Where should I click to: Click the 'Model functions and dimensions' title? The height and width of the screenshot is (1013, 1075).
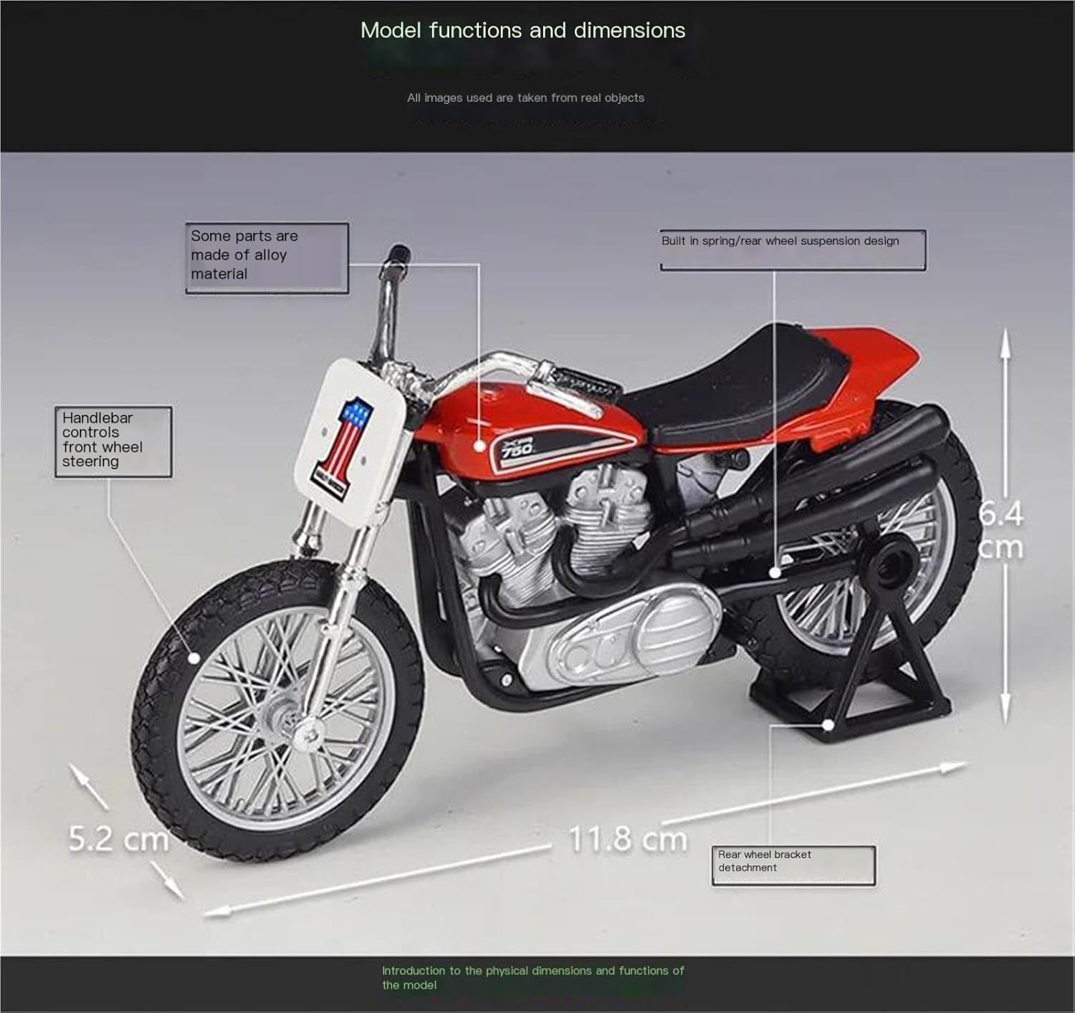coord(522,30)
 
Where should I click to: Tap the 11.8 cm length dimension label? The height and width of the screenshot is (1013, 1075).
coord(628,839)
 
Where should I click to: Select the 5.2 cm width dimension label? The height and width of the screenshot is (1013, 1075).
coord(118,839)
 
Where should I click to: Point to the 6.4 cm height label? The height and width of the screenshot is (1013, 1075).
coord(1001,531)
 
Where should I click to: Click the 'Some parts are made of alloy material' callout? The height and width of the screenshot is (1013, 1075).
coord(267,257)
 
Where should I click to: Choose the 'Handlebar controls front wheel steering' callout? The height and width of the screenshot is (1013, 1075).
coord(113,441)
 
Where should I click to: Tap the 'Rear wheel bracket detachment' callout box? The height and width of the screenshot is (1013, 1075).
coord(793,865)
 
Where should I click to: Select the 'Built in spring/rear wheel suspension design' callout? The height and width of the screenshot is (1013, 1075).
coord(792,249)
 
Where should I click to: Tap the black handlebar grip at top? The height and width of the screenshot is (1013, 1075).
coord(399,254)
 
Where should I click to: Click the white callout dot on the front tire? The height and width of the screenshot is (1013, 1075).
coord(194,657)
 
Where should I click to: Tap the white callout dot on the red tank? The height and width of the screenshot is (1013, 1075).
coord(479,445)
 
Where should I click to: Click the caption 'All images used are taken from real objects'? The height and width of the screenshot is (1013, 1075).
coord(525,98)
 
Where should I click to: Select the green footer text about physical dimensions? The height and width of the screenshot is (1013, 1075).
coord(532,977)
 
